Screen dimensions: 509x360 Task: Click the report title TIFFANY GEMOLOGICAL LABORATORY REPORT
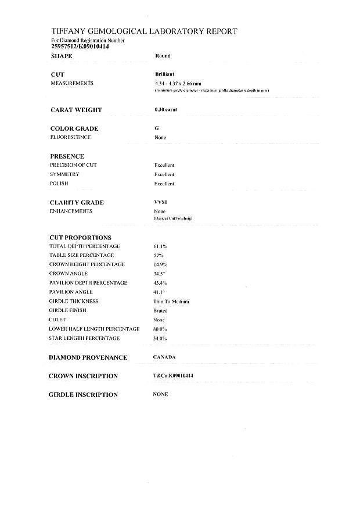(x=144, y=31)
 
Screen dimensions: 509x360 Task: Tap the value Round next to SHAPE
(x=163, y=56)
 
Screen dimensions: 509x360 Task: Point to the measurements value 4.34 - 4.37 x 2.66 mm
(x=174, y=84)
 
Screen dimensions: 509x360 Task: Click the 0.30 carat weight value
(x=165, y=109)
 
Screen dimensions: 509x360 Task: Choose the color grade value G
(x=157, y=128)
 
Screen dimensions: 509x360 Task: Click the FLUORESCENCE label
(x=70, y=137)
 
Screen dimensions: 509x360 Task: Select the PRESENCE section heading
(x=67, y=156)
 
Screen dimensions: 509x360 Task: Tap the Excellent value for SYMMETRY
(x=164, y=174)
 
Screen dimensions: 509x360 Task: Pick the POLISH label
(x=59, y=184)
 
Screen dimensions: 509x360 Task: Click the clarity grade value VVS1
(x=160, y=202)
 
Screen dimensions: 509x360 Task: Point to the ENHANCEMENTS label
(x=71, y=212)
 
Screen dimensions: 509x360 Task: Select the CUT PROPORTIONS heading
(x=81, y=238)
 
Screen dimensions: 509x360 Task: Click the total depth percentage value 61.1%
(x=161, y=247)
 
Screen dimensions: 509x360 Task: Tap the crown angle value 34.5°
(x=160, y=274)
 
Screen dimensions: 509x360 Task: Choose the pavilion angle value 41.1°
(x=159, y=292)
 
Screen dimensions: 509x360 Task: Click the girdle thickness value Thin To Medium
(x=172, y=302)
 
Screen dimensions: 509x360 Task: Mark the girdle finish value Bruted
(x=160, y=311)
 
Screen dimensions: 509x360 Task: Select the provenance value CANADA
(x=164, y=357)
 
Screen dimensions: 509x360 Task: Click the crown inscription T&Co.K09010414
(x=173, y=376)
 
